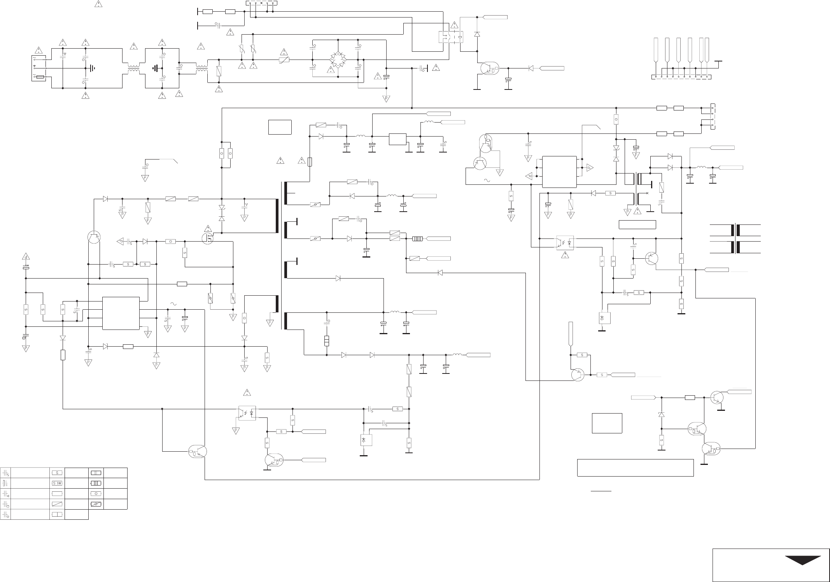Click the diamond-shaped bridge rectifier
point(338,59)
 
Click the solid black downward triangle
point(803,561)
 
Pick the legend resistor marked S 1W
point(57,483)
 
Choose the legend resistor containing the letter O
point(96,494)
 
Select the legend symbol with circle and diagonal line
point(96,504)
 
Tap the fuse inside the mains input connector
point(40,78)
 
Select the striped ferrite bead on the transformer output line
point(417,238)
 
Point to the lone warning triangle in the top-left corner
point(98,5)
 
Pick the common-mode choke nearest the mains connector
point(133,69)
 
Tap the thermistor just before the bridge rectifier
point(284,60)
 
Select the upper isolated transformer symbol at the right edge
point(735,230)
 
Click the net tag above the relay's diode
point(495,17)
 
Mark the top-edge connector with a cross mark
point(262,4)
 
